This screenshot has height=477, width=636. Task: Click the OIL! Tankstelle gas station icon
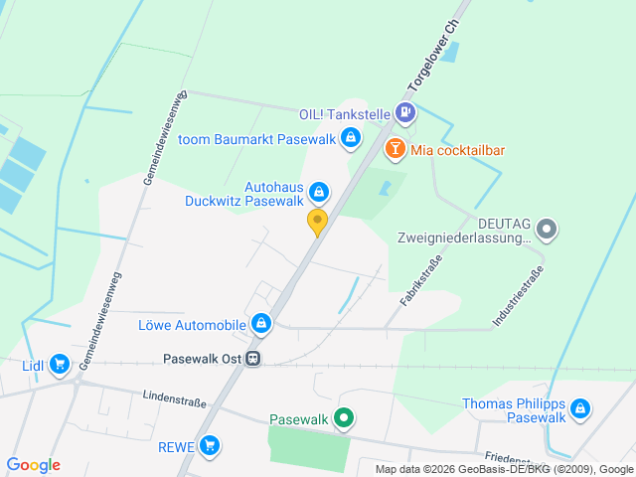pyautogui.click(x=405, y=114)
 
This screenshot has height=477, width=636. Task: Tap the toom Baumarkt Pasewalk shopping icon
pyautogui.click(x=350, y=138)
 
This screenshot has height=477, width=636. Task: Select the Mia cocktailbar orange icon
pyautogui.click(x=395, y=150)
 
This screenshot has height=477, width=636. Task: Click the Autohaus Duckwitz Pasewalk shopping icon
pyautogui.click(x=318, y=191)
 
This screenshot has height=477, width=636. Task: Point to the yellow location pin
pyautogui.click(x=318, y=222)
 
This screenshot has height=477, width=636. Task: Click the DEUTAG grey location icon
pyautogui.click(x=548, y=230)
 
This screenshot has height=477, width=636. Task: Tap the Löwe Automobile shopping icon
pyautogui.click(x=260, y=324)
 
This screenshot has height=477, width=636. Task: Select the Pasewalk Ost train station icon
pyautogui.click(x=255, y=359)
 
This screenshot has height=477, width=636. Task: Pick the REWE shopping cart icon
pyautogui.click(x=209, y=446)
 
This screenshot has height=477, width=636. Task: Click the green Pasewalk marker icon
pyautogui.click(x=344, y=418)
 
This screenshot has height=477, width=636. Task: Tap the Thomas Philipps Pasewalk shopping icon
pyautogui.click(x=580, y=409)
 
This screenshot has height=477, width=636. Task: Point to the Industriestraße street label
pyautogui.click(x=518, y=297)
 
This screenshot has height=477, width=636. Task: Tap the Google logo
pyautogui.click(x=33, y=465)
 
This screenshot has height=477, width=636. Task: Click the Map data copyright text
pyautogui.click(x=504, y=469)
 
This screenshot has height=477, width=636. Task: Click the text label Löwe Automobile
pyautogui.click(x=192, y=325)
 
